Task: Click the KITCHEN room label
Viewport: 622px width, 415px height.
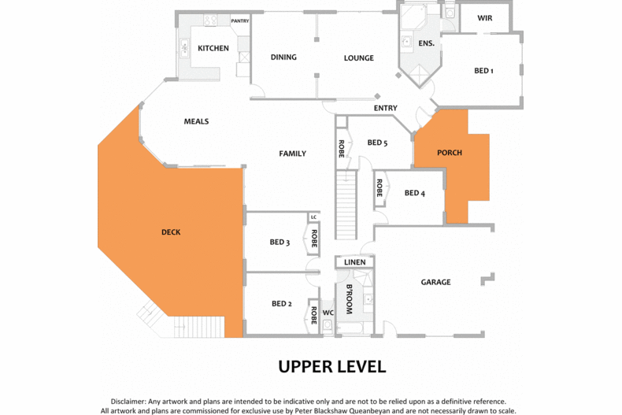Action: pyautogui.click(x=213, y=48)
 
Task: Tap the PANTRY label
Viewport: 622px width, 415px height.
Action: pyautogui.click(x=240, y=21)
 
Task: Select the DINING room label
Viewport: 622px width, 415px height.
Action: pyautogui.click(x=283, y=57)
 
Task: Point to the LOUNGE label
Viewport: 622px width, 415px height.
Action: pyautogui.click(x=358, y=58)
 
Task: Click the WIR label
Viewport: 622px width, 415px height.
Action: pyautogui.click(x=485, y=18)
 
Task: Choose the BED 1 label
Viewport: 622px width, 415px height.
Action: pyautogui.click(x=483, y=71)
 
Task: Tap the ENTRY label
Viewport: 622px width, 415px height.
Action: pyautogui.click(x=385, y=108)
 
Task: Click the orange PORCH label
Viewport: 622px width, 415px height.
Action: pyautogui.click(x=450, y=153)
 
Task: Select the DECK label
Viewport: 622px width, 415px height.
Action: pyautogui.click(x=171, y=232)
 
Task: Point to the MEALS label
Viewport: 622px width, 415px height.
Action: pyautogui.click(x=196, y=121)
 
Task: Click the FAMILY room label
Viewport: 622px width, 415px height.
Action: pyautogui.click(x=292, y=154)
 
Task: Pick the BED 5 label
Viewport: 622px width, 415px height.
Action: pyautogui.click(x=377, y=143)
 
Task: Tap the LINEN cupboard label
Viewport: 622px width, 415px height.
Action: pyautogui.click(x=354, y=262)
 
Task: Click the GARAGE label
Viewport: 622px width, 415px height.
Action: pyautogui.click(x=435, y=282)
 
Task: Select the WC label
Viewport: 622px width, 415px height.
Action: pyautogui.click(x=328, y=313)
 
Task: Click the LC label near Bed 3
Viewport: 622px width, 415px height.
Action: pyautogui.click(x=314, y=217)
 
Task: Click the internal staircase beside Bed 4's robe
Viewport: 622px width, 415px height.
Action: pyautogui.click(x=346, y=205)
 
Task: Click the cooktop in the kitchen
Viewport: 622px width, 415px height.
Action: pyautogui.click(x=210, y=20)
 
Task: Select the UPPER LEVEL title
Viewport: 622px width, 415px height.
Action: pyautogui.click(x=332, y=367)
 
